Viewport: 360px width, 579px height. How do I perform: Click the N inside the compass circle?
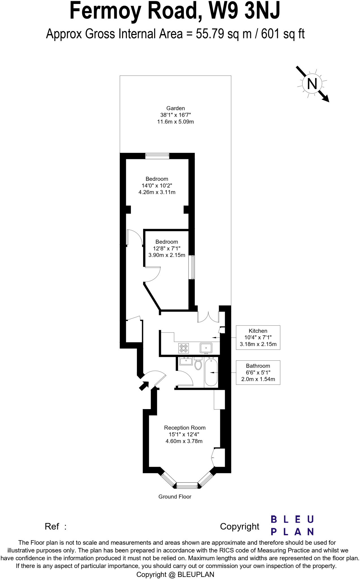click(312, 84)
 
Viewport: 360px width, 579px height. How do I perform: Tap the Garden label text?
click(175, 108)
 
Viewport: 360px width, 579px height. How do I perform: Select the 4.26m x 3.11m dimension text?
click(157, 192)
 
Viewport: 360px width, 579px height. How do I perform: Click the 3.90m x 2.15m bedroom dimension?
click(167, 255)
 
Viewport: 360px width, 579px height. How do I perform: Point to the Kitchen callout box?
click(258, 337)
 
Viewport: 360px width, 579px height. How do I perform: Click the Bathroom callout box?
click(258, 372)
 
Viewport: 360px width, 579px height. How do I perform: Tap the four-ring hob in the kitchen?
click(184, 348)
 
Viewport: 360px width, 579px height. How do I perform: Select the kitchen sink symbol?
click(206, 348)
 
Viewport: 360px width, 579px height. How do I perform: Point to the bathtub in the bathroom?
click(211, 372)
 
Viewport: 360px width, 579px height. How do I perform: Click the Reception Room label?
click(185, 428)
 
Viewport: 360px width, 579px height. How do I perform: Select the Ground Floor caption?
click(175, 497)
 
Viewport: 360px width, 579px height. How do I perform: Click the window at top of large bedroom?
click(157, 156)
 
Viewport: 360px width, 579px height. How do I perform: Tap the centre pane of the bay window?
click(187, 486)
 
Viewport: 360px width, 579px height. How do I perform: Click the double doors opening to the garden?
click(208, 317)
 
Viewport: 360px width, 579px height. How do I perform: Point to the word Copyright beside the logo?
click(240, 526)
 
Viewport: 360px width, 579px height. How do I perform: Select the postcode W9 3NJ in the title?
click(244, 11)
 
